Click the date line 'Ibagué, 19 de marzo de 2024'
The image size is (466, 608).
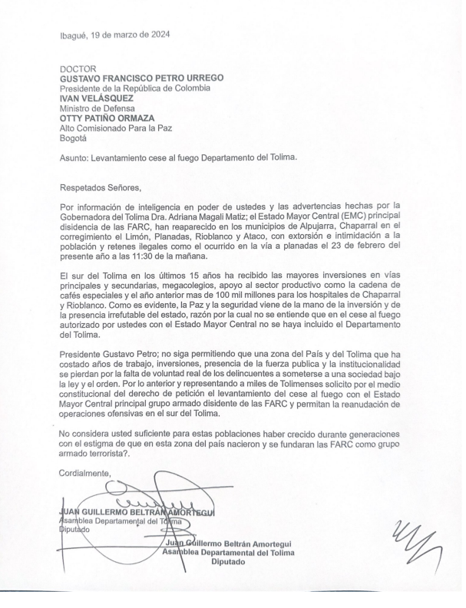coord(115,34)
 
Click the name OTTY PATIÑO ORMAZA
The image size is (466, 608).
coord(112,118)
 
